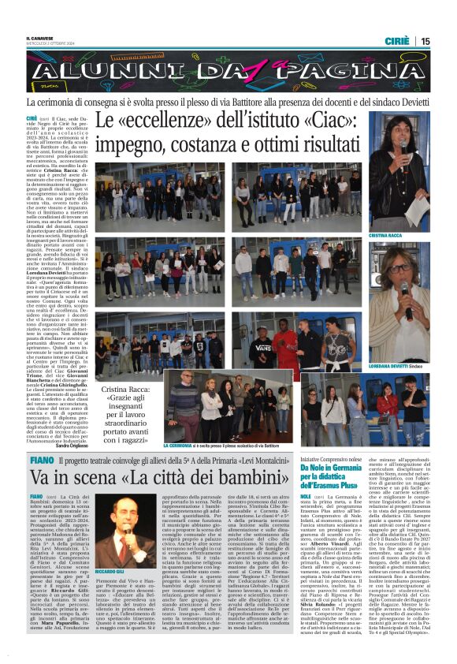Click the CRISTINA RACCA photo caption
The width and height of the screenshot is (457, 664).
386,236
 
